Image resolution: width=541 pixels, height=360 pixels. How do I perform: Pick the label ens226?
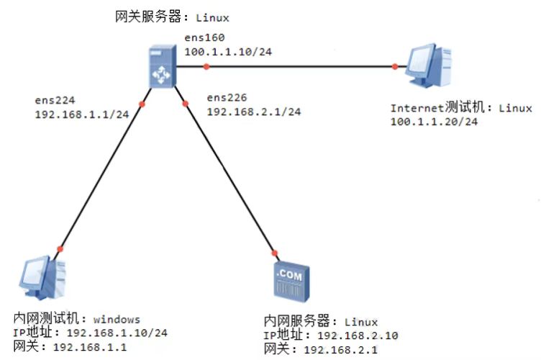(x=227, y=98)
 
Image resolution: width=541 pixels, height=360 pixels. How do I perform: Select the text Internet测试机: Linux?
(x=461, y=109)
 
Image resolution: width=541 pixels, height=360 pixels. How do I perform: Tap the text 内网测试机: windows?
(x=77, y=319)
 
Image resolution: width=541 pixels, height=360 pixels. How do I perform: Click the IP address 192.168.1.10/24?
(x=117, y=333)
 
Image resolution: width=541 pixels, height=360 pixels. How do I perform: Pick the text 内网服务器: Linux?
(x=321, y=321)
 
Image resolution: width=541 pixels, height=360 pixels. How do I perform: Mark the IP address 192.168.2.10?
(x=357, y=336)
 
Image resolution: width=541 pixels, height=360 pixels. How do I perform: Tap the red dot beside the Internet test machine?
(x=395, y=67)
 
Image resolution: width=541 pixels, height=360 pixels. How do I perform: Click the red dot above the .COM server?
(x=274, y=253)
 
